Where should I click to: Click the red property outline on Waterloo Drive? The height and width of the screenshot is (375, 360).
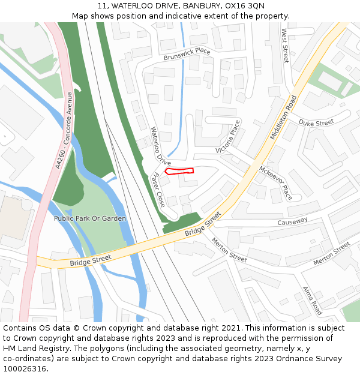[179, 171]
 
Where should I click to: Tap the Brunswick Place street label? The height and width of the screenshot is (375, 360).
[187, 55]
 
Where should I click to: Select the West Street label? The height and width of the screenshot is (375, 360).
[285, 46]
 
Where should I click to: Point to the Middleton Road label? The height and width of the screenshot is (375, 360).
[284, 118]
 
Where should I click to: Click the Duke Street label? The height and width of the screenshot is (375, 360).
[316, 123]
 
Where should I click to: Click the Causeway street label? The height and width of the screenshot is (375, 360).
[292, 221]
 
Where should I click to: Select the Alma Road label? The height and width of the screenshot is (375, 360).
[313, 301]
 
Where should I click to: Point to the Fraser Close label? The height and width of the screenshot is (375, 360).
[159, 190]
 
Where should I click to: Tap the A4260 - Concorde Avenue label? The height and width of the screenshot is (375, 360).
[63, 130]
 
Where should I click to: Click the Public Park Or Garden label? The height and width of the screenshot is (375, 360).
[90, 218]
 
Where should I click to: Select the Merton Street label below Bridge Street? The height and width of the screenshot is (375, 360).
[229, 249]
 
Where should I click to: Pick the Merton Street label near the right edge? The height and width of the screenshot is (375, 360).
[331, 254]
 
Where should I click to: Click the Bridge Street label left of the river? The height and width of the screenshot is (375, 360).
[91, 260]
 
